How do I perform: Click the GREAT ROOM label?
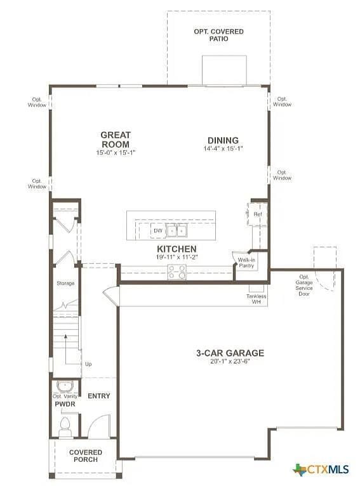click(116, 139)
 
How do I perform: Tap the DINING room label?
click(223, 140)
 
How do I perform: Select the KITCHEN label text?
click(177, 249)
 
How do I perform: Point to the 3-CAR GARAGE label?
click(230, 353)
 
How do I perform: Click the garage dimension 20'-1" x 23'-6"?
click(230, 362)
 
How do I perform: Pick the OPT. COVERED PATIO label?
click(218, 35)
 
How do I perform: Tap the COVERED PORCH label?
click(86, 456)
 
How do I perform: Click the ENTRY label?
click(98, 396)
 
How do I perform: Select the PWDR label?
click(65, 404)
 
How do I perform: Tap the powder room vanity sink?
click(65, 386)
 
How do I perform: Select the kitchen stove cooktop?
click(177, 272)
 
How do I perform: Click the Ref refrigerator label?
click(258, 214)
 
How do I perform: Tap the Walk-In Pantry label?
click(246, 263)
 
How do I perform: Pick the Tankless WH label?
click(257, 299)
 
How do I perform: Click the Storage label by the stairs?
click(65, 283)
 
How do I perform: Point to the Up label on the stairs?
click(88, 364)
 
